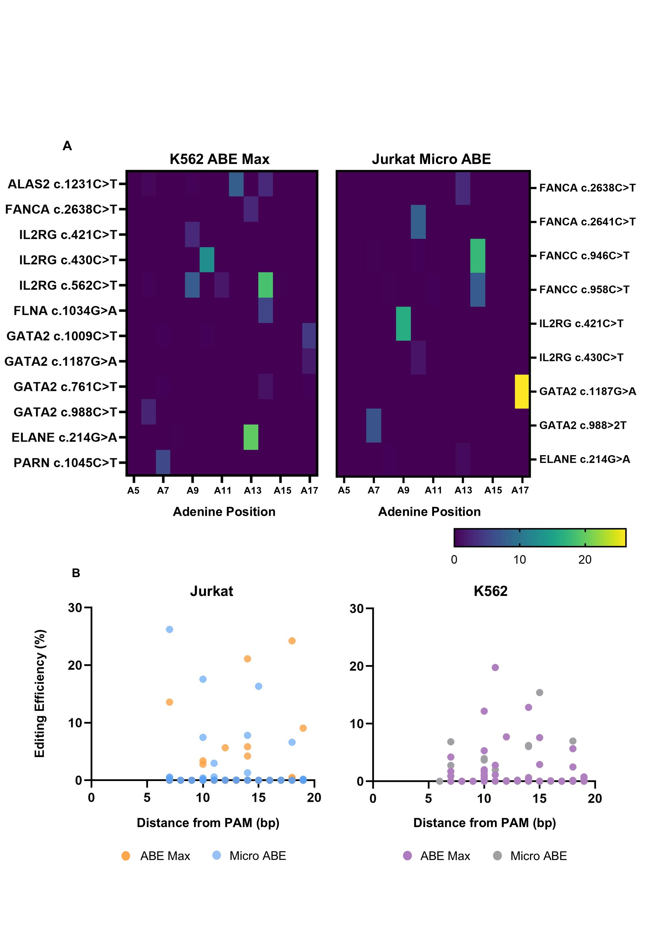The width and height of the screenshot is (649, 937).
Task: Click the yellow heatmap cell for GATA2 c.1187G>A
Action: pos(522,391)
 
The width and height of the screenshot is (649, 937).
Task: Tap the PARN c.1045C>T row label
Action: pos(65,462)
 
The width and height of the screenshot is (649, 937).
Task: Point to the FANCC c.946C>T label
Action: pos(584,255)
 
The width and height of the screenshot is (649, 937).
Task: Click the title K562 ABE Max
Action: pos(220,159)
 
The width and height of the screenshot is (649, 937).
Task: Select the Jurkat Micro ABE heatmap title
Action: pos(431,159)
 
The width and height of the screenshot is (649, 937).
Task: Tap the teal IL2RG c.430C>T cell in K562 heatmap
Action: pos(207,260)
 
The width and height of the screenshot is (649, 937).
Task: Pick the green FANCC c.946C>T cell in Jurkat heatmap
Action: pos(477,255)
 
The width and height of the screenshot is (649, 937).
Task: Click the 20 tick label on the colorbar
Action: pos(585,560)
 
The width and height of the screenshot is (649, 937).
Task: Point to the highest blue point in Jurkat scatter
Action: pos(170,629)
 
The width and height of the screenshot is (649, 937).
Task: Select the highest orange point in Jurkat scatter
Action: pos(292,641)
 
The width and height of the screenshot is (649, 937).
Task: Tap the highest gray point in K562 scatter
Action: pos(540,693)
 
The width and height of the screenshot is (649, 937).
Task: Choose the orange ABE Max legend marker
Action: pos(126,856)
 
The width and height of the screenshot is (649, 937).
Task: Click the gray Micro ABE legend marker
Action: pos(497,856)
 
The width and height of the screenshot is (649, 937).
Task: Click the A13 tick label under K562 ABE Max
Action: pos(252,490)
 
